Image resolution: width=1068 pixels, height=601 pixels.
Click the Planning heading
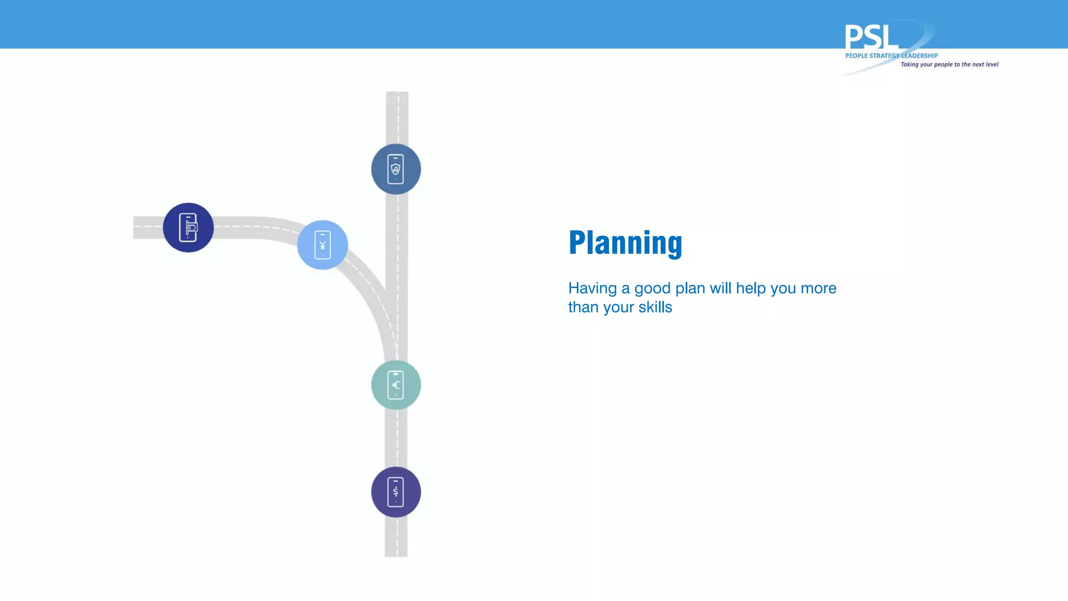coord(625,243)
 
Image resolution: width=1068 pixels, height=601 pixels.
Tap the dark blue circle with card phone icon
coord(188,227)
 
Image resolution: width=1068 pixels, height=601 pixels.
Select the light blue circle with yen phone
coord(322,245)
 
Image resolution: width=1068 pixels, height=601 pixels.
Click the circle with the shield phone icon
coord(396,169)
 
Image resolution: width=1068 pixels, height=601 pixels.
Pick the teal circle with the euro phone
coord(396,385)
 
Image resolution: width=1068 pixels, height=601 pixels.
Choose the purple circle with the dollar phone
coord(396,492)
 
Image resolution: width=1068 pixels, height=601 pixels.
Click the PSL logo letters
coord(871,37)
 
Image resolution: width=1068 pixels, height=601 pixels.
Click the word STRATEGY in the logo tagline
coord(884,56)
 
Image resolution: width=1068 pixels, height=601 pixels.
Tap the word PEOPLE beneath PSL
coord(856,56)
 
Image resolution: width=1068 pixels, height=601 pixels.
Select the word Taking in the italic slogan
coord(909,65)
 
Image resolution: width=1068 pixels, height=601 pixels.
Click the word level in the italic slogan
coord(992,65)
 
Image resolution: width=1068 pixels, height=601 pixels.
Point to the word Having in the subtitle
coord(592,288)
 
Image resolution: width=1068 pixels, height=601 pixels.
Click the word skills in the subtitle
coord(655,307)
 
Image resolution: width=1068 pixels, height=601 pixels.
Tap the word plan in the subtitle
coord(690,289)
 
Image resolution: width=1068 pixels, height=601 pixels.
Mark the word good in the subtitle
coord(652,289)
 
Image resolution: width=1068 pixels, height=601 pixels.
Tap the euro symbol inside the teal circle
coord(396,385)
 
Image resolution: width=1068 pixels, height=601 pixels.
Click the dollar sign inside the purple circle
coord(396,491)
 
